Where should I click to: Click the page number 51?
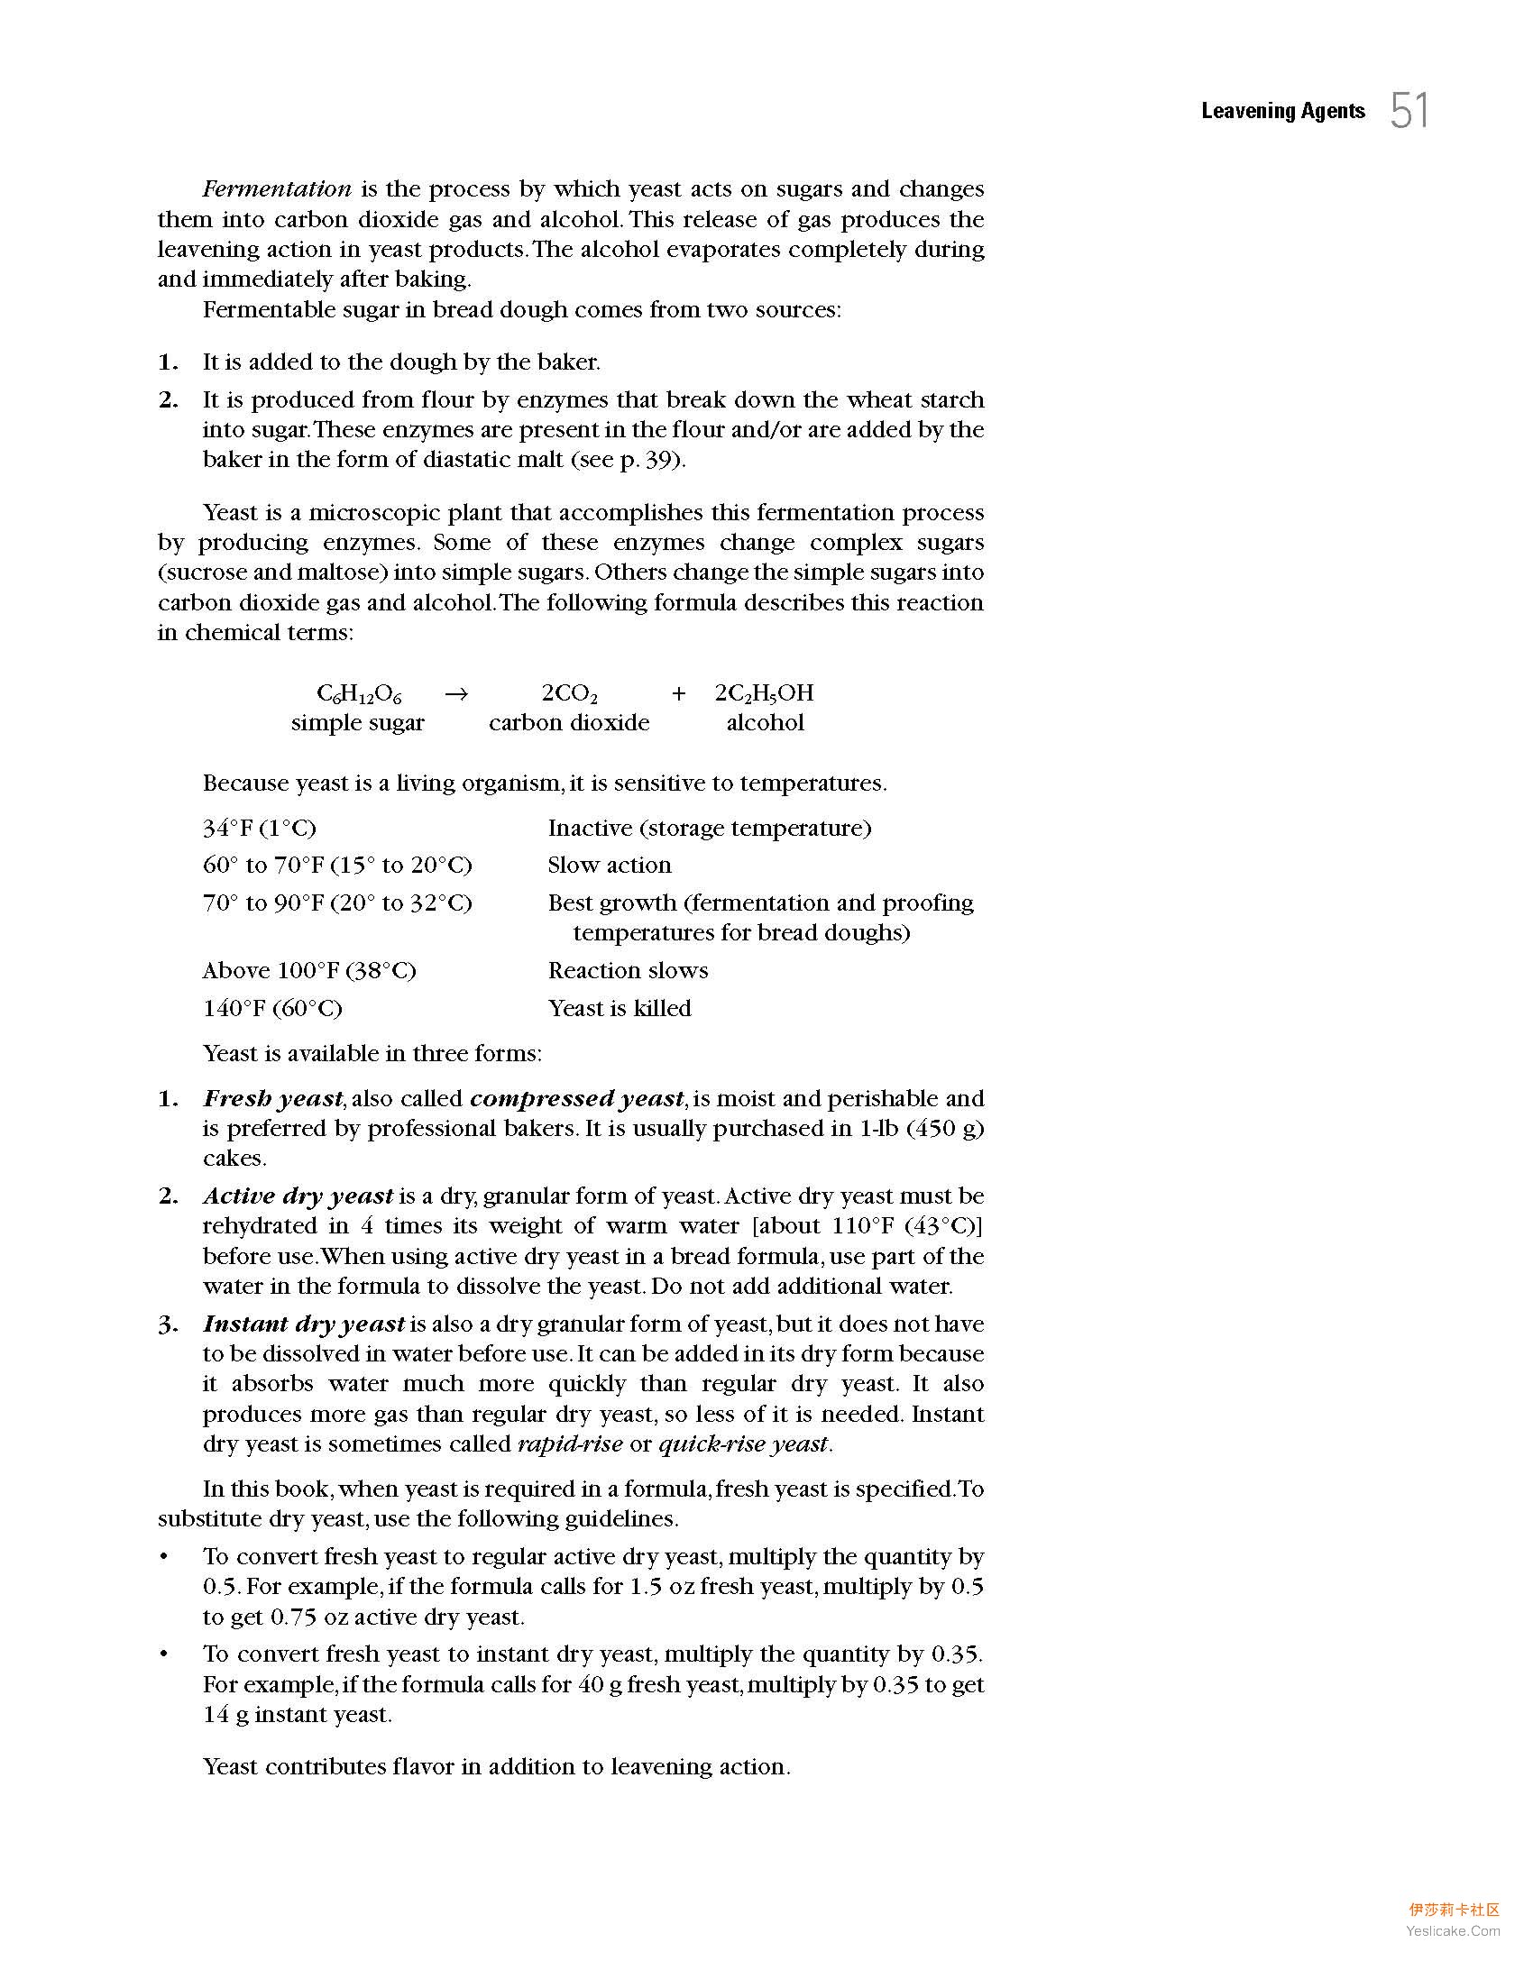[x=1409, y=111]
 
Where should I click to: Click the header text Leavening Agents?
[x=1282, y=111]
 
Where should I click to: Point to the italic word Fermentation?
[x=277, y=189]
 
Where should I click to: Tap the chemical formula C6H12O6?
[x=359, y=693]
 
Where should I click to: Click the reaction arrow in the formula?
[x=457, y=693]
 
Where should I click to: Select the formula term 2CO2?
[x=570, y=693]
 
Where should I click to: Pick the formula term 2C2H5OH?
[x=764, y=693]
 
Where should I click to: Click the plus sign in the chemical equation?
[x=678, y=693]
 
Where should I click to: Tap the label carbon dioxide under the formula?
[x=569, y=723]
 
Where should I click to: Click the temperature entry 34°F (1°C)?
[x=260, y=828]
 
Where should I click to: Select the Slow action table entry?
[x=610, y=866]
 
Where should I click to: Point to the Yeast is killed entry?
[x=620, y=1008]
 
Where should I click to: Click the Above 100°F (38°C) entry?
[x=309, y=971]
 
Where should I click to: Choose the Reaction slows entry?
[x=628, y=971]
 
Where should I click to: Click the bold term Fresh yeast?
[x=273, y=1099]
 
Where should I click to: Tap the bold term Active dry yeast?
[x=298, y=1196]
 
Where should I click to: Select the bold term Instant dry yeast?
[x=304, y=1324]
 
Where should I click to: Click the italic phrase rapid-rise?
[x=570, y=1444]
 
